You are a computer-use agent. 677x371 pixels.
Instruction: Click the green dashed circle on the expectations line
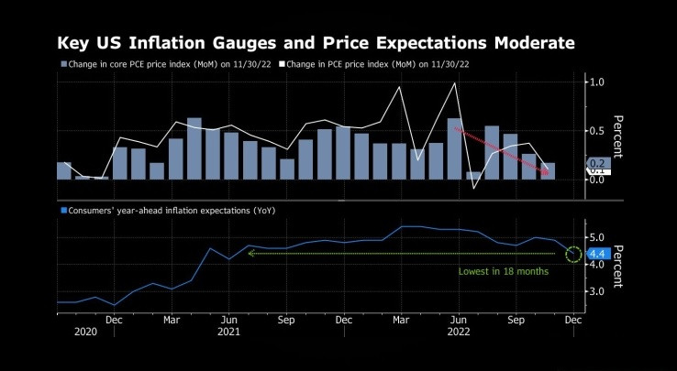click(574, 254)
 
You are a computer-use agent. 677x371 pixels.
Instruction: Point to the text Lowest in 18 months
click(504, 272)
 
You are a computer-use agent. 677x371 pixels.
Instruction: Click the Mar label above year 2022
click(401, 321)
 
